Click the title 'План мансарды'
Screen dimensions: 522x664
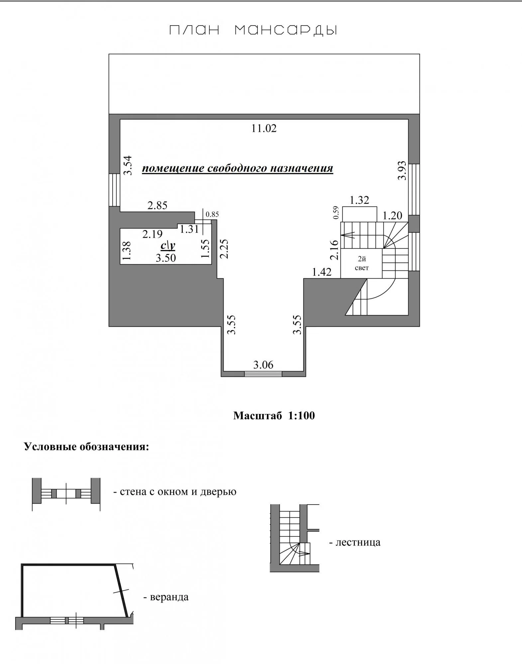254,31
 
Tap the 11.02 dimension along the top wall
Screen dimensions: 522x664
264,128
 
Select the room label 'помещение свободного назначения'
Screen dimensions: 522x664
238,168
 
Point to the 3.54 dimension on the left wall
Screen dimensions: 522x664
128,165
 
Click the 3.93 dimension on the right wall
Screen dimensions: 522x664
402,170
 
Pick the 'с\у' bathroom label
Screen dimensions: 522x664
168,245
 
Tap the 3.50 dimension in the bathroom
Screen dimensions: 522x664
166,258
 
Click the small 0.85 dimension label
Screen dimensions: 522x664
212,214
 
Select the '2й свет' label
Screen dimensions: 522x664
362,264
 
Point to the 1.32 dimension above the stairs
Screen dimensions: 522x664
360,200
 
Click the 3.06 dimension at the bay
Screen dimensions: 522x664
263,365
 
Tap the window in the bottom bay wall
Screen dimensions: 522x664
263,374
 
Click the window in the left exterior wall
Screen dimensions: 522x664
114,190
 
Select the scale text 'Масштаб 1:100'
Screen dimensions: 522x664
274,416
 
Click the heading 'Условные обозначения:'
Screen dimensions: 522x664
87,447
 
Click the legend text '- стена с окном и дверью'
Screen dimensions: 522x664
175,492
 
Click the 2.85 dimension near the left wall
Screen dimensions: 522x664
157,206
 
